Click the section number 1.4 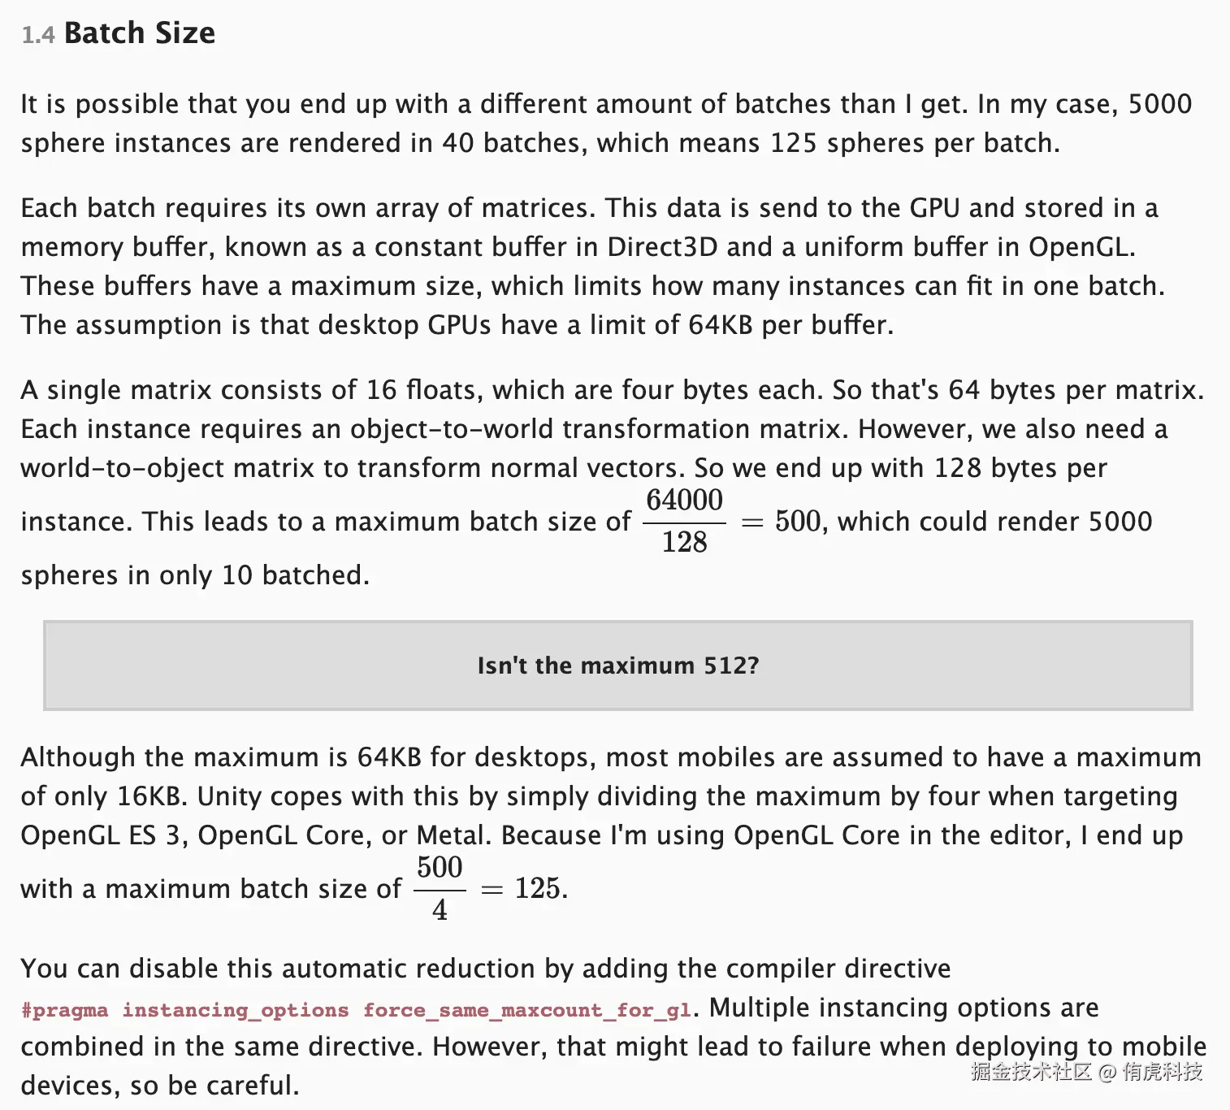[x=38, y=35]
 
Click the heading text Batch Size [x=140, y=33]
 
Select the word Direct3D [x=662, y=247]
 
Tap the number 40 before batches [x=457, y=143]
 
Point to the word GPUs [x=459, y=325]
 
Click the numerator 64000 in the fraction [x=684, y=500]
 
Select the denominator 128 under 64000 [x=684, y=542]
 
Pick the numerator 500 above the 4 [x=440, y=867]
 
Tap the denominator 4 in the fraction [x=440, y=910]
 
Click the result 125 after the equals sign [x=537, y=888]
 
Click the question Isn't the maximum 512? [x=617, y=666]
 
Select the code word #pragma [x=64, y=1010]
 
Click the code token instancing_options [x=236, y=1010]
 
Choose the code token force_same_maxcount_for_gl [x=527, y=1010]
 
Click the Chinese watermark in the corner [x=1086, y=1072]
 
